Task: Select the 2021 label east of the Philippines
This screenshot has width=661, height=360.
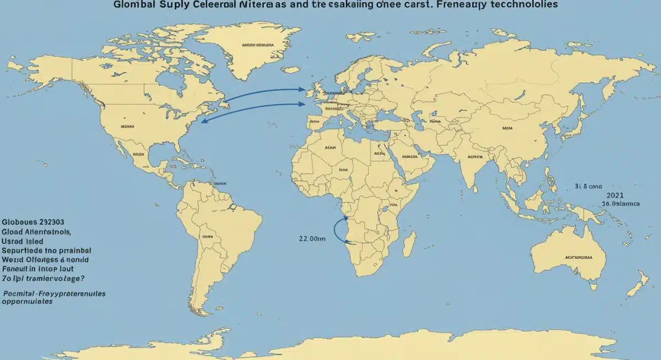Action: click(x=615, y=195)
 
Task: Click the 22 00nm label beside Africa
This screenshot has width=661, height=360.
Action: click(x=312, y=238)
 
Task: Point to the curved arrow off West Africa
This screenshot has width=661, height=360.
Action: click(x=337, y=231)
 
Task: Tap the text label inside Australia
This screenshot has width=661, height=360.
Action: click(x=578, y=257)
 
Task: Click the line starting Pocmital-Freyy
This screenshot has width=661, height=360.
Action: click(x=54, y=294)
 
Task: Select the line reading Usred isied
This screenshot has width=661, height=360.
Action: click(x=23, y=241)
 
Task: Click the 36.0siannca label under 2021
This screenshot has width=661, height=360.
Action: click(x=621, y=203)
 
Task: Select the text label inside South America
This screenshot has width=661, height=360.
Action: click(x=207, y=236)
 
